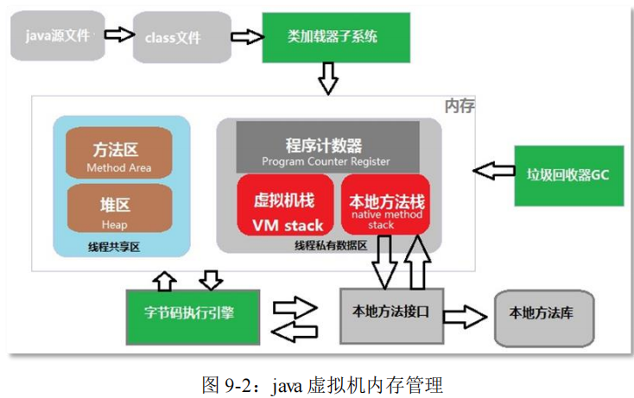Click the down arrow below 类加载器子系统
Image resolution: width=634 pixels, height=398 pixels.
pyautogui.click(x=327, y=80)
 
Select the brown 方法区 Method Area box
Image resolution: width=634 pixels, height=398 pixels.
pyautogui.click(x=119, y=155)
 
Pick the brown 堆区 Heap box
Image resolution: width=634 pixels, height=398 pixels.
pyautogui.click(x=119, y=212)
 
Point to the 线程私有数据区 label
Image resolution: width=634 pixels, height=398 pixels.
pyautogui.click(x=331, y=245)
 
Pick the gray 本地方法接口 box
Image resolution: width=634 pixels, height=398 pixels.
pyautogui.click(x=392, y=313)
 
